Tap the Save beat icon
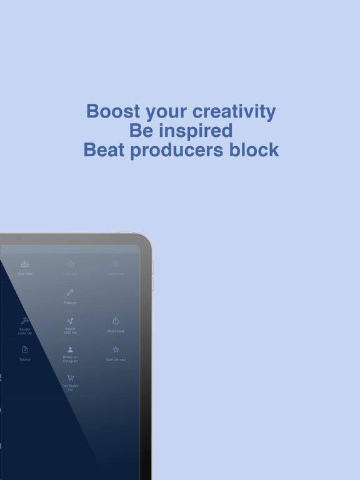pos(25,264)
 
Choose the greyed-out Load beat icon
pos(71,264)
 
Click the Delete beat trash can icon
pos(116,264)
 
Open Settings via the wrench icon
pos(70,292)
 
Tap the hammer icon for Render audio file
pos(25,321)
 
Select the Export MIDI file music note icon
pos(70,321)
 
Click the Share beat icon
pos(116,321)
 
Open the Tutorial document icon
pos(25,350)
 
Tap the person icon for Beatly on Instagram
pos(70,350)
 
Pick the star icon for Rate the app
pos(116,350)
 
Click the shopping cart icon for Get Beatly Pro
pos(70,378)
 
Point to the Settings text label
pos(70,303)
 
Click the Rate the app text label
pos(116,360)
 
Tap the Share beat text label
pos(116,331)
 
